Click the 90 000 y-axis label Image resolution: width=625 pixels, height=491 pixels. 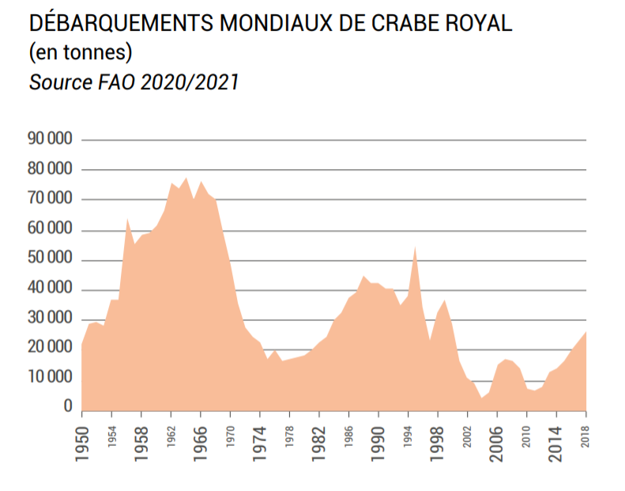coord(50,139)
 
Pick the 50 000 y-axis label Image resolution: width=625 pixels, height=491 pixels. coord(50,260)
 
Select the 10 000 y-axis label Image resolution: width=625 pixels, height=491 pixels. coord(50,376)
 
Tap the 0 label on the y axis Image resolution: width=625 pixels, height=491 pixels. coord(68,406)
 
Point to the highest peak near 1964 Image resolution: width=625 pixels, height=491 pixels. coord(186,178)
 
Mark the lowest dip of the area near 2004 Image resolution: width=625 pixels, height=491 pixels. coord(481,397)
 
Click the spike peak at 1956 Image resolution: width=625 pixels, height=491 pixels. coord(127,218)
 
